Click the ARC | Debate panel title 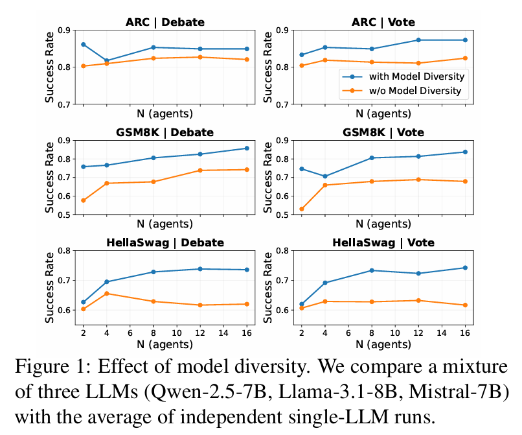[165, 23]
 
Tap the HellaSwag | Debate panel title [165, 243]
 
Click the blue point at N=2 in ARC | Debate [83, 44]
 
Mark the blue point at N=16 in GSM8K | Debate [247, 148]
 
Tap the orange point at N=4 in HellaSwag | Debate [106, 294]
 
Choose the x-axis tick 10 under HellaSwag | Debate [176, 333]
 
